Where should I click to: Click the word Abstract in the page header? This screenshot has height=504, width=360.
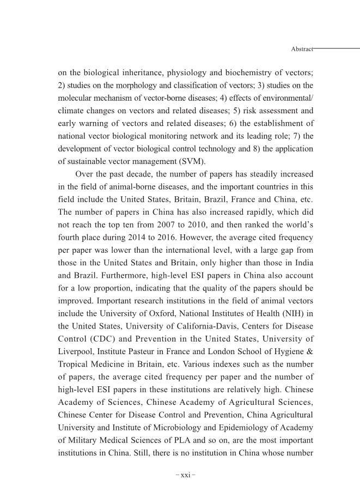click(x=302, y=49)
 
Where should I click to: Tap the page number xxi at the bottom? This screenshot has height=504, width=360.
click(x=186, y=475)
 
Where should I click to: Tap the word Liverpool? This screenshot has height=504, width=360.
click(x=75, y=361)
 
